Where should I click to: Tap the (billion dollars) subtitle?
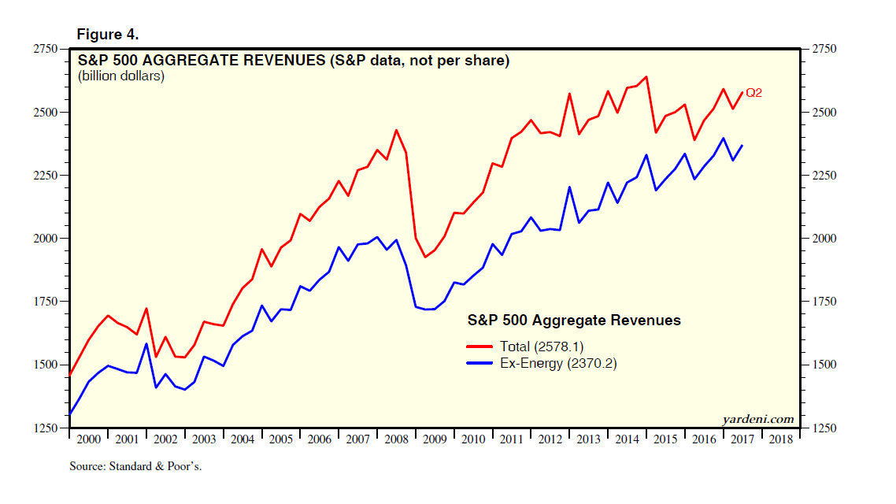(x=120, y=76)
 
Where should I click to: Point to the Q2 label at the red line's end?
(x=753, y=93)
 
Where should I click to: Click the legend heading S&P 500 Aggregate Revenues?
(x=574, y=321)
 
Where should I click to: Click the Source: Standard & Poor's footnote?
(x=136, y=466)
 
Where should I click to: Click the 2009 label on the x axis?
(x=435, y=439)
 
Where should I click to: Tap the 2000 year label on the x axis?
(x=88, y=439)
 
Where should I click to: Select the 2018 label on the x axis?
(x=781, y=439)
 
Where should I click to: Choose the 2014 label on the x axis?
(x=628, y=439)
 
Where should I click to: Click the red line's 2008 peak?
(x=396, y=130)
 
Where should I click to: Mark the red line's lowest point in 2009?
(x=425, y=257)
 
